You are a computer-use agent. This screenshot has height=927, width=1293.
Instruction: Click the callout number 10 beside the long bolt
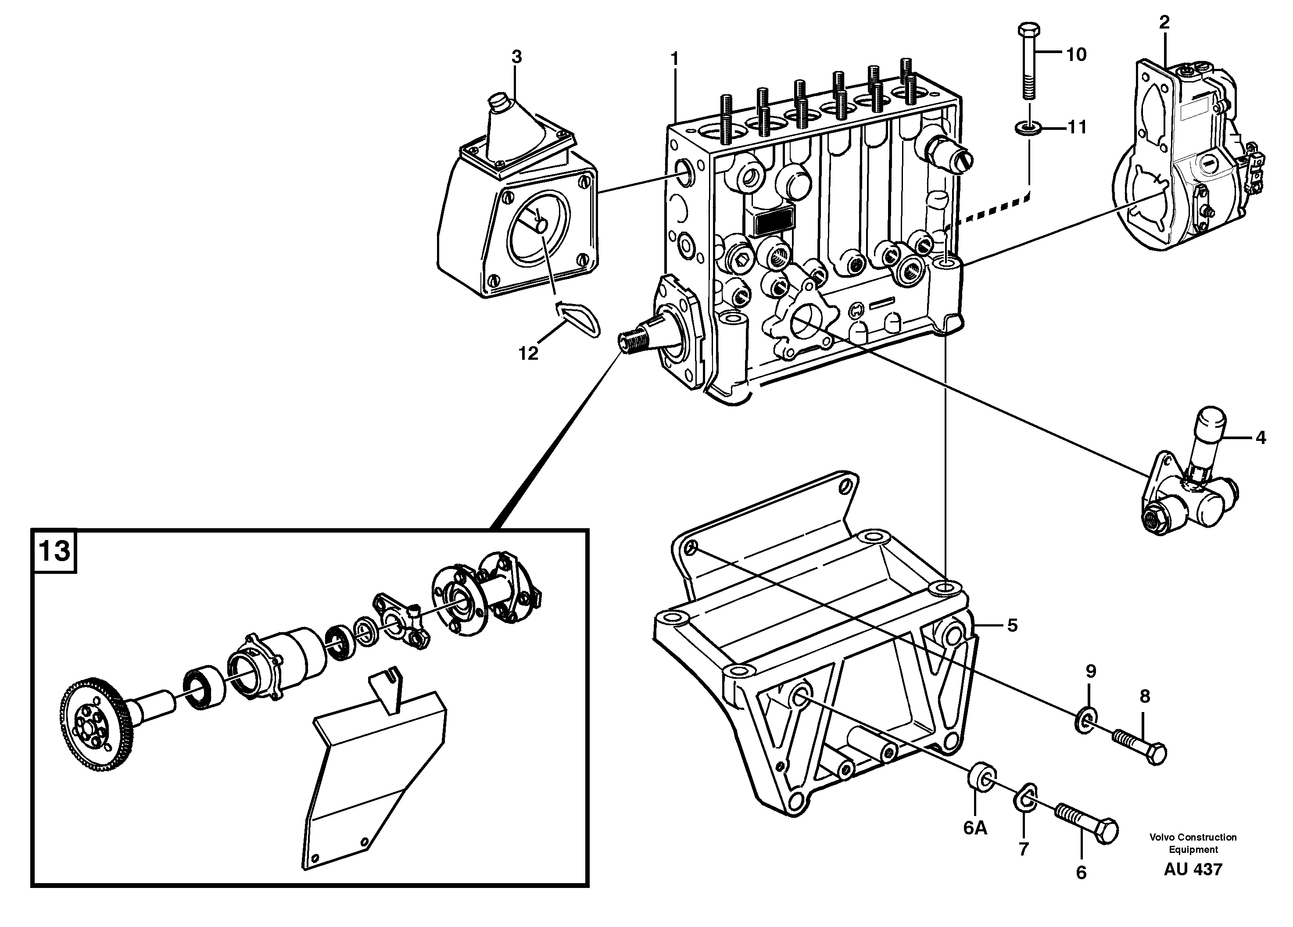[x=1076, y=55]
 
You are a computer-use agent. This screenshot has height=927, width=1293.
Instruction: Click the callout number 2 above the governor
[x=1164, y=22]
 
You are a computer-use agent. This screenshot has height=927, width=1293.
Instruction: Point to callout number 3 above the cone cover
[x=516, y=57]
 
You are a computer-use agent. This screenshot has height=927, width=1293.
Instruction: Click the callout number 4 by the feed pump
[x=1261, y=438]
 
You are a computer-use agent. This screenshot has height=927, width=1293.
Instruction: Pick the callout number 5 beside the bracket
[x=1012, y=626]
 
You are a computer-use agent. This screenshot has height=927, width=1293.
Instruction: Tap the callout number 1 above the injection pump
[x=674, y=59]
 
